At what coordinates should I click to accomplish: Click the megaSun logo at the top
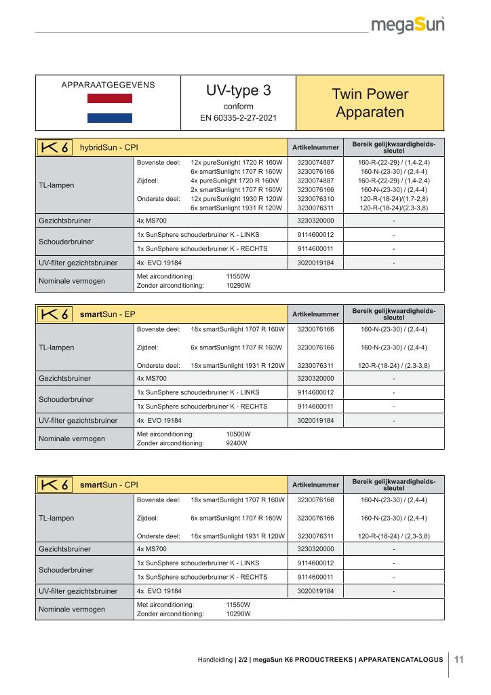click(408, 26)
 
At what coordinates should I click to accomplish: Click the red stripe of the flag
click(109, 99)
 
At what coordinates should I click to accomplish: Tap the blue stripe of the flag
click(109, 118)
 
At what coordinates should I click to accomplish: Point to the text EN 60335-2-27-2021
click(238, 117)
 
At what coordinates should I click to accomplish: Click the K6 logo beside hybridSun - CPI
click(54, 147)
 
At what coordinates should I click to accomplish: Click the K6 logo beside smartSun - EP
click(54, 314)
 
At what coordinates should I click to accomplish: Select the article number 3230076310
click(316, 199)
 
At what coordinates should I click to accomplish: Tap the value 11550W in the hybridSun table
click(238, 277)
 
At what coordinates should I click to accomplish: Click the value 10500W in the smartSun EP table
click(238, 434)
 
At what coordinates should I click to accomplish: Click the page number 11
click(458, 658)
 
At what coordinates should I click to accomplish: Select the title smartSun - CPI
click(109, 485)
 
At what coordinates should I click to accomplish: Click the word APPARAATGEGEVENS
click(108, 85)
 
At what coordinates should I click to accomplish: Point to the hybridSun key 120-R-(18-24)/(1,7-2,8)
click(394, 199)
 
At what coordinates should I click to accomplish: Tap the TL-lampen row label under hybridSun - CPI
click(57, 185)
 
